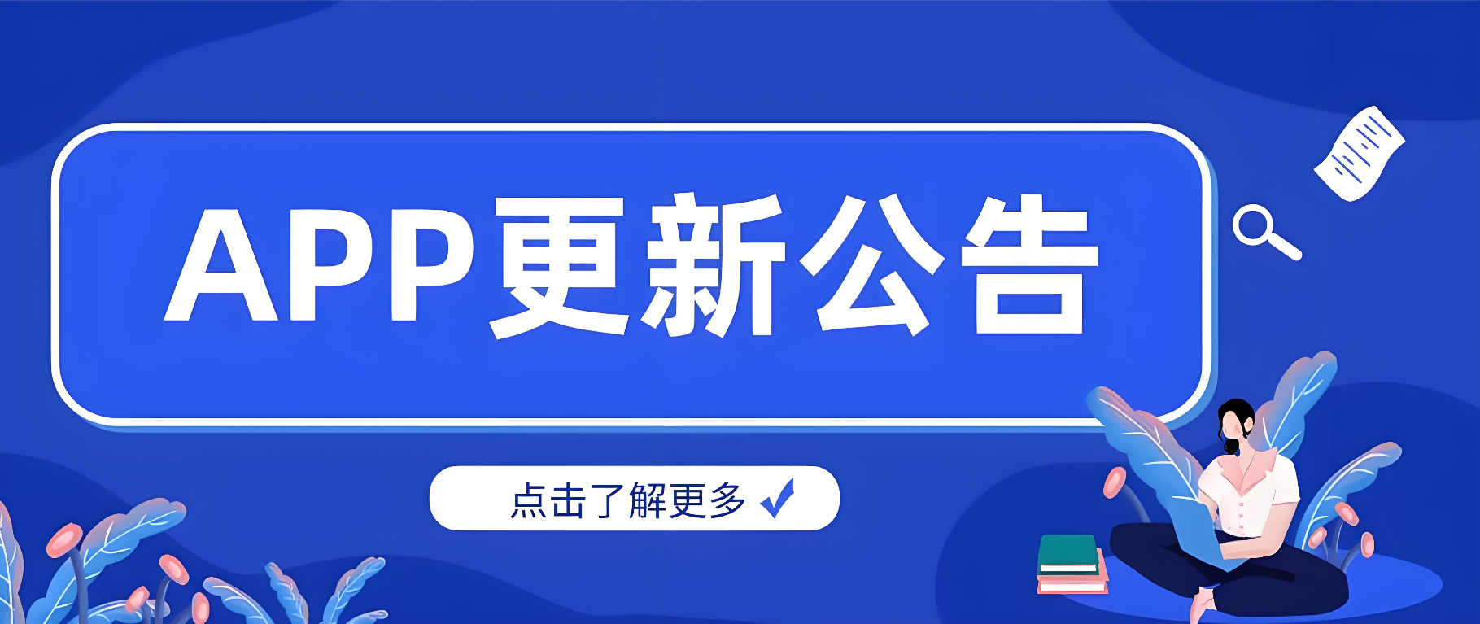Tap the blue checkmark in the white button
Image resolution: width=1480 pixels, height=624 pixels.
click(778, 498)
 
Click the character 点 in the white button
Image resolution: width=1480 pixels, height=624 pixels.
click(529, 500)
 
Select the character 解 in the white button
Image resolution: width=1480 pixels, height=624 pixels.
click(648, 500)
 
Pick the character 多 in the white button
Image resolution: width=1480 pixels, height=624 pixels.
click(727, 500)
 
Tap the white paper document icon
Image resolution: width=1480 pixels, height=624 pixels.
click(1360, 153)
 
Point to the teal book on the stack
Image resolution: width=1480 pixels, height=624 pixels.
click(1068, 554)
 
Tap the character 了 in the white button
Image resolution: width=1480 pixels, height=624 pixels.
click(608, 500)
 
